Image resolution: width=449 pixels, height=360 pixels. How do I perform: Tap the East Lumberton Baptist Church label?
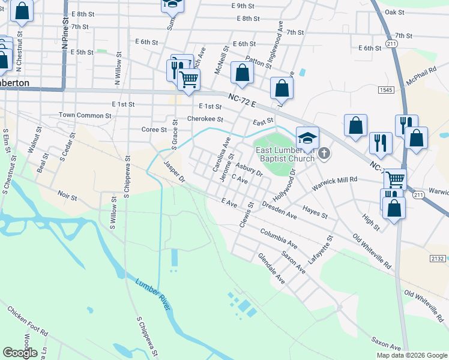click(285, 154)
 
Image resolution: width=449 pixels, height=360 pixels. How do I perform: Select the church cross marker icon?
click(324, 154)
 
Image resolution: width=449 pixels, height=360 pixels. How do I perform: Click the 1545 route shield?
click(387, 89)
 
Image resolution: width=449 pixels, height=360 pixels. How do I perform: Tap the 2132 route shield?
click(438, 258)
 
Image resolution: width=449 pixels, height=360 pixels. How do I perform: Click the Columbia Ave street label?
click(279, 238)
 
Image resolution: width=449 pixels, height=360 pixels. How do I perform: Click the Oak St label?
click(394, 12)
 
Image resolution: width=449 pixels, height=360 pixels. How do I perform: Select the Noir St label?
click(68, 197)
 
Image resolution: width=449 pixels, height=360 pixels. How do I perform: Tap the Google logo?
click(20, 353)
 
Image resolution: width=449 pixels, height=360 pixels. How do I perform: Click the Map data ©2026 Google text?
click(412, 355)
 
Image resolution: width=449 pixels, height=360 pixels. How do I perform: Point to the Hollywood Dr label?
click(285, 186)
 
